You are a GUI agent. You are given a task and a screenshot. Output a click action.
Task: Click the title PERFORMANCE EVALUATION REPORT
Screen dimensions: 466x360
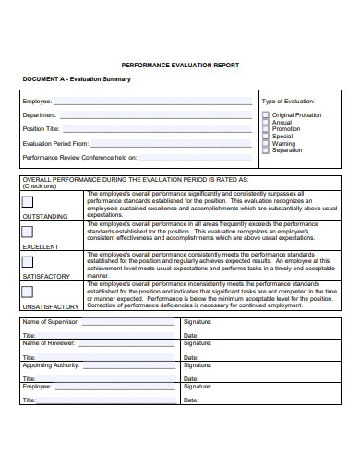[x=180, y=66]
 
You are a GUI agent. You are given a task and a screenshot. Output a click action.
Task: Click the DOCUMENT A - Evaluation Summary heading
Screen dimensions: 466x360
[x=77, y=79]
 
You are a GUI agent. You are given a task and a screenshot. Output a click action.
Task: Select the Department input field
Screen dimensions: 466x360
[x=156, y=114]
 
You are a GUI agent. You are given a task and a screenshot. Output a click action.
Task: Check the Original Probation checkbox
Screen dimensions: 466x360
[x=266, y=115]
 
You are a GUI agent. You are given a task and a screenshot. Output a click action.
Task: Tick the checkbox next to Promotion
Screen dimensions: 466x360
[x=266, y=129]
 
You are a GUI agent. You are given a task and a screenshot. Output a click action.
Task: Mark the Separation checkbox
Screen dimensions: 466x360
[x=266, y=149]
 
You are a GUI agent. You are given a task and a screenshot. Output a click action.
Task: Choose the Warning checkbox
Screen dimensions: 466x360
[x=266, y=143]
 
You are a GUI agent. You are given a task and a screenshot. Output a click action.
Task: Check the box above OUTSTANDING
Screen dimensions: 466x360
[x=28, y=202]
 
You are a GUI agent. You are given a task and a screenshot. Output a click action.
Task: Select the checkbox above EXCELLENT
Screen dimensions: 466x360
[x=28, y=233]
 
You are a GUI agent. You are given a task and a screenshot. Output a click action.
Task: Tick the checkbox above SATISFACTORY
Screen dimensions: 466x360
[x=28, y=262]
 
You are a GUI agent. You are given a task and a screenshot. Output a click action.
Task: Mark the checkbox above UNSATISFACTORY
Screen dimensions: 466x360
[x=28, y=292]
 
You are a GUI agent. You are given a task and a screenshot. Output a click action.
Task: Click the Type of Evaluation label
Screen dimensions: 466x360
[x=288, y=101]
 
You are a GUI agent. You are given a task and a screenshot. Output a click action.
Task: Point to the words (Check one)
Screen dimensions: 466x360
[x=39, y=185]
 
